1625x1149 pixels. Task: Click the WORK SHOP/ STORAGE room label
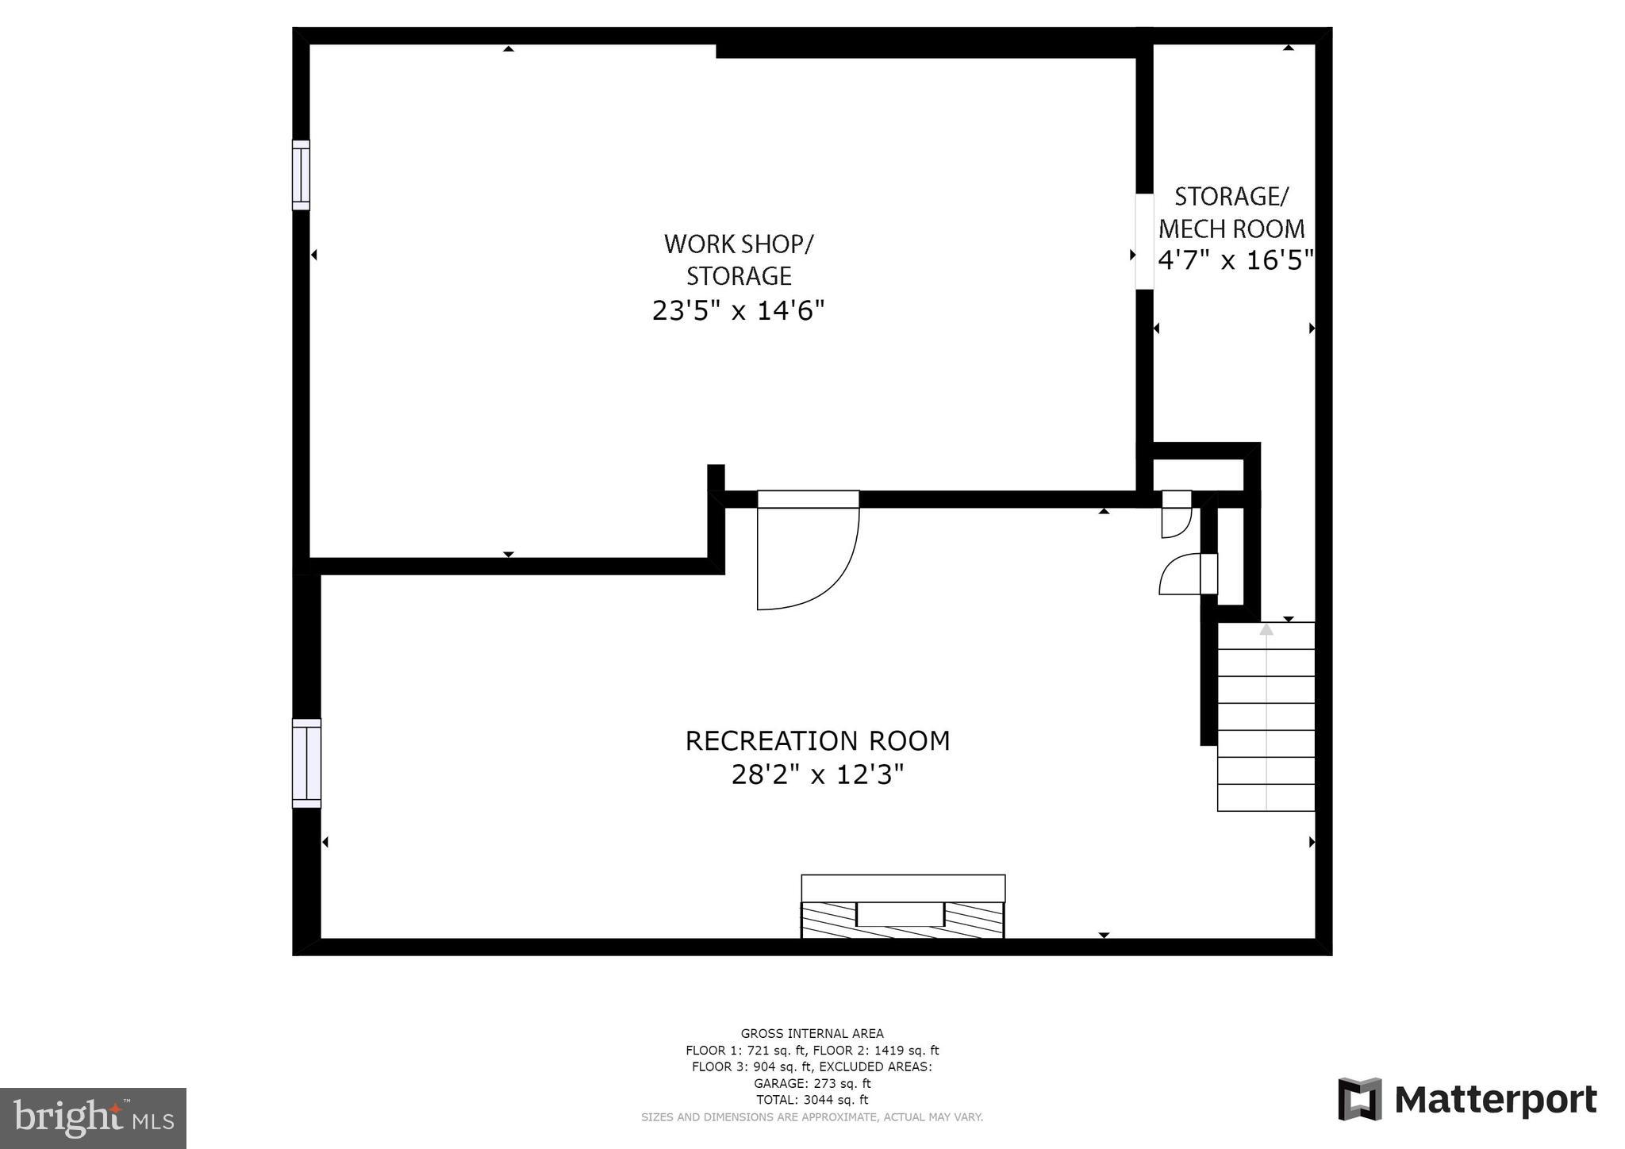click(x=738, y=259)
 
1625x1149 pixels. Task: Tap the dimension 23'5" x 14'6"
click(x=738, y=310)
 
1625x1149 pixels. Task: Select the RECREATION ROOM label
click(x=817, y=740)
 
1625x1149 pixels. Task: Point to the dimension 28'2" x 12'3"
click(x=817, y=774)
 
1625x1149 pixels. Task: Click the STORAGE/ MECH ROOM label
click(x=1231, y=212)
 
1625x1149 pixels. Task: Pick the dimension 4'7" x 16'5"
click(x=1235, y=260)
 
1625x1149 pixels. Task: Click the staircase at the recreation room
click(x=1266, y=717)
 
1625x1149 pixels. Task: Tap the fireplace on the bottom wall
click(x=903, y=907)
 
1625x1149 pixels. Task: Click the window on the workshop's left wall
click(x=301, y=175)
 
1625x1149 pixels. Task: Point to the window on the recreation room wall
click(x=306, y=763)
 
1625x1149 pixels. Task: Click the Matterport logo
click(x=1467, y=1099)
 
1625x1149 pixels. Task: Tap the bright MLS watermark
click(x=93, y=1118)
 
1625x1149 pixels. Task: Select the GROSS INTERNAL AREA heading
click(x=812, y=1033)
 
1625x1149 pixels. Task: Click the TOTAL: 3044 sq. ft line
click(x=812, y=1100)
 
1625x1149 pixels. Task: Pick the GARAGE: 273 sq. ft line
click(x=812, y=1083)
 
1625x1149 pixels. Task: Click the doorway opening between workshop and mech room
click(x=1143, y=241)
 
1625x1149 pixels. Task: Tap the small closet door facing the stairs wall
click(x=1187, y=574)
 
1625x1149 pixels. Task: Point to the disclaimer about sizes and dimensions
click(x=812, y=1116)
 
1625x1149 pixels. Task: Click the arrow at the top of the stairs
click(x=1266, y=630)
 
